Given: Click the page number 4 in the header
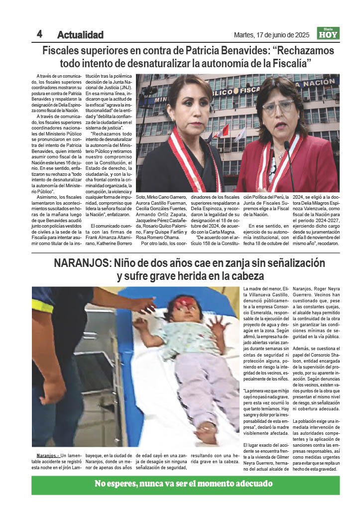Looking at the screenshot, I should pos(39,33).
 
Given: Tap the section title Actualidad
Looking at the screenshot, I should pos(80,35).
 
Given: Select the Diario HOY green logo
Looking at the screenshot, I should pos(328,33).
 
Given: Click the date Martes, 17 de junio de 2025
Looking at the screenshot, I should pos(271,35).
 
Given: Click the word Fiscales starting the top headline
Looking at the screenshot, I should pos(64,51).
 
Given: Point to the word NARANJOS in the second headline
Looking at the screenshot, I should pos(82,263).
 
